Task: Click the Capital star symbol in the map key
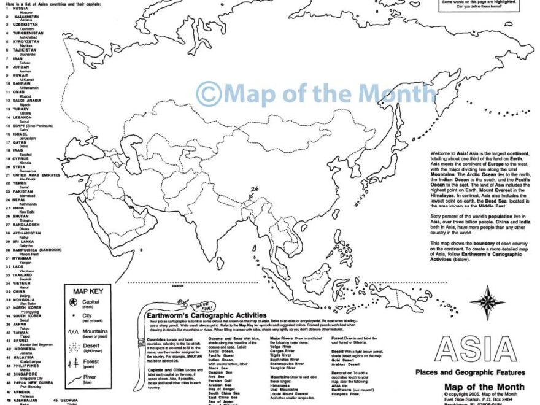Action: (x=74, y=302)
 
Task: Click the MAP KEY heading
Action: (x=90, y=291)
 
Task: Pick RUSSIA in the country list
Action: (x=20, y=9)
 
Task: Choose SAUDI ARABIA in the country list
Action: (x=26, y=100)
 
